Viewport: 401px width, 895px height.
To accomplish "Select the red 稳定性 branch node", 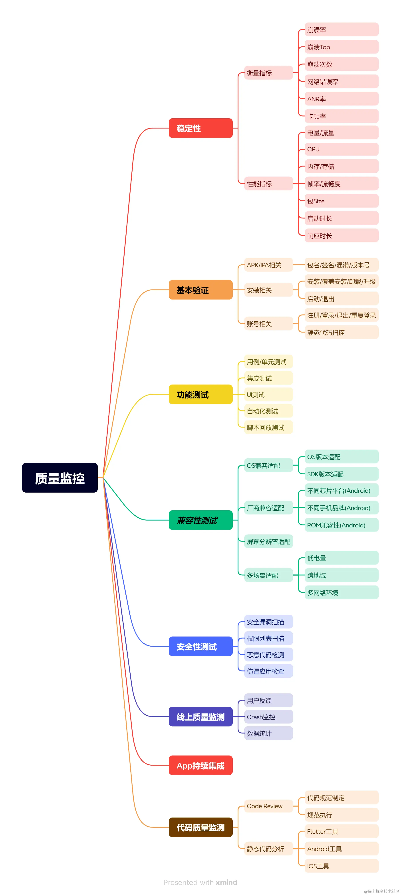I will click(x=200, y=128).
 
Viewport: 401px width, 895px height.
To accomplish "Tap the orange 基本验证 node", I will click(x=200, y=290).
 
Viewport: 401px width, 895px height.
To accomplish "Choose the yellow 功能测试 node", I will click(x=200, y=394).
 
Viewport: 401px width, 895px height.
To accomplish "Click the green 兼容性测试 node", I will click(x=200, y=520).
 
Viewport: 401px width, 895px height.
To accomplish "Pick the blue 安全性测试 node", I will click(x=200, y=646).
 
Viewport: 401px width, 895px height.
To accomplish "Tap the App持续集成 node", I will click(x=200, y=765).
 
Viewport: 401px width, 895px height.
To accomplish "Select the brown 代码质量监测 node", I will click(x=200, y=827).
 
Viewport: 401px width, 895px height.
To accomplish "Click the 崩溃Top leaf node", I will click(x=341, y=47).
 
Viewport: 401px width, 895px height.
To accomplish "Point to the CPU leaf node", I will click(x=341, y=149).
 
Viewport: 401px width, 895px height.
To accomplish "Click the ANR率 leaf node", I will click(x=341, y=99).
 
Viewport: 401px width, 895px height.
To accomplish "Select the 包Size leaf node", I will click(x=341, y=201).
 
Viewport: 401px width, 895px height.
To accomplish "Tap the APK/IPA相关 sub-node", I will click(x=268, y=265).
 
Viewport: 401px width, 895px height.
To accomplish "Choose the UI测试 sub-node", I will click(x=268, y=395).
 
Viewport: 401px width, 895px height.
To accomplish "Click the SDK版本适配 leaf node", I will click(x=341, y=474).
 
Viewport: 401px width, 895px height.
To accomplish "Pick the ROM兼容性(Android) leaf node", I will click(x=341, y=525).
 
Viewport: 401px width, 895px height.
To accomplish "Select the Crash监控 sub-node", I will click(x=268, y=717).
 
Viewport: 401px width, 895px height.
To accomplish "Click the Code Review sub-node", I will click(x=268, y=806).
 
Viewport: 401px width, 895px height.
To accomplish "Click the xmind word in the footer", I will click(x=226, y=882).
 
